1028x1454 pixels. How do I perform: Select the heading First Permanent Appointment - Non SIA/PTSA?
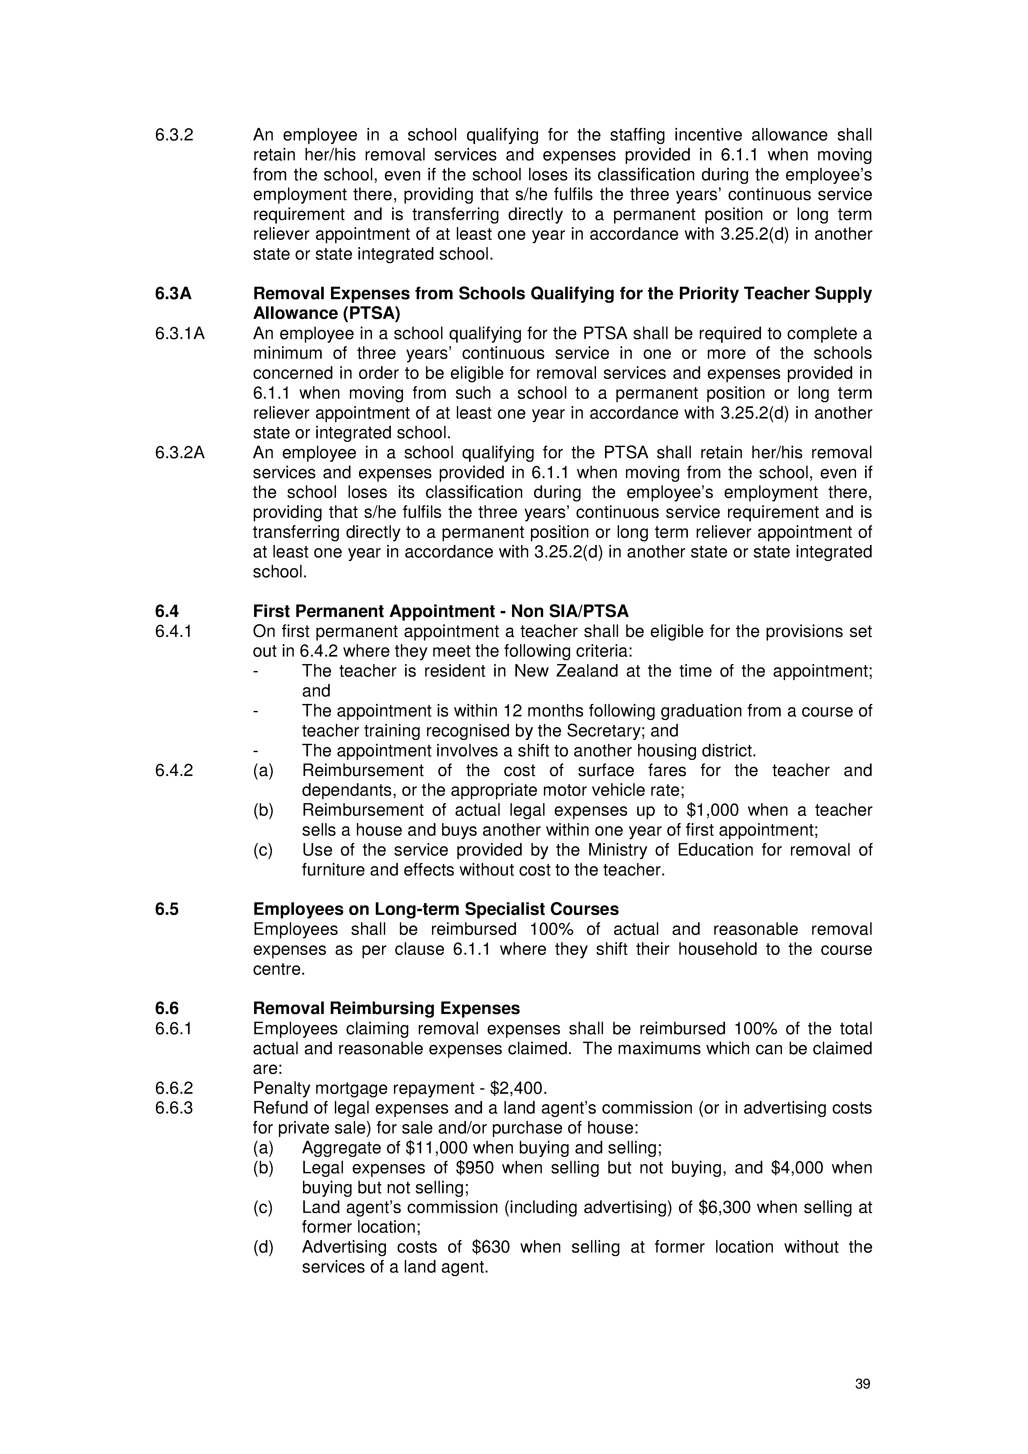tap(441, 612)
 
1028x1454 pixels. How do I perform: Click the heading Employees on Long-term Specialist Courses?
tap(436, 909)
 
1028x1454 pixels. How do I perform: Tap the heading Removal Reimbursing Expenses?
tap(386, 1008)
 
